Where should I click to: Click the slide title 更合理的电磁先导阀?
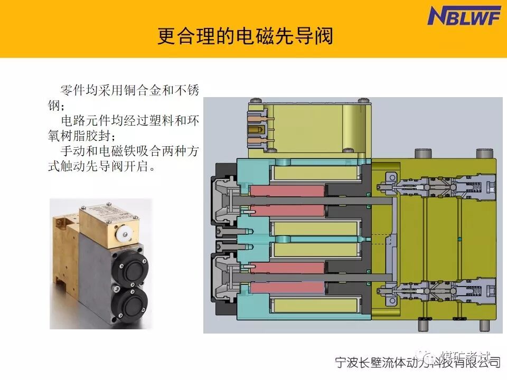pyautogui.click(x=245, y=37)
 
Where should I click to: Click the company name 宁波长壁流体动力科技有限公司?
pyautogui.click(x=417, y=363)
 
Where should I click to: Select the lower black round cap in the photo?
pyautogui.click(x=131, y=305)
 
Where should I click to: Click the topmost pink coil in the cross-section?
pyautogui.click(x=287, y=191)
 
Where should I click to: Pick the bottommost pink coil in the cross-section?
pyautogui.click(x=287, y=287)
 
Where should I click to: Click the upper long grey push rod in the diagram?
pyautogui.click(x=317, y=200)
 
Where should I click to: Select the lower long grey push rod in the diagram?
pyautogui.click(x=317, y=278)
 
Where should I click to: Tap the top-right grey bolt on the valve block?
pyautogui.click(x=483, y=154)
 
